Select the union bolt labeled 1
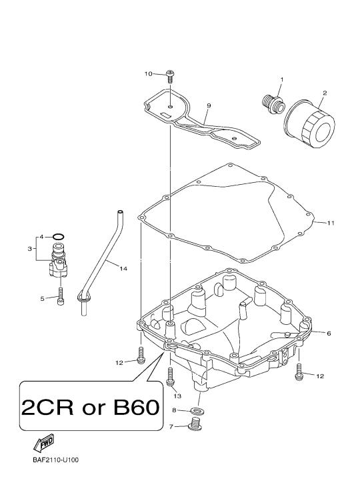point(273,104)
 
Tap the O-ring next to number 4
point(59,237)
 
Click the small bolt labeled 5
point(61,296)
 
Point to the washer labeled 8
point(196,410)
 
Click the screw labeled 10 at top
point(170,76)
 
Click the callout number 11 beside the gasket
point(331,223)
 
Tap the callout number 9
point(209,105)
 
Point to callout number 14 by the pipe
point(123,269)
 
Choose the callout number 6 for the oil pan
point(329,333)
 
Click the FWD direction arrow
point(43,443)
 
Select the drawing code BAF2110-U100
point(55,460)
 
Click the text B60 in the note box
point(137,408)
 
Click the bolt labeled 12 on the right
point(299,372)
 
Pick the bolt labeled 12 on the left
point(141,355)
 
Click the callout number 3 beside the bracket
point(29,249)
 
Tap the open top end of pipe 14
point(120,212)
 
